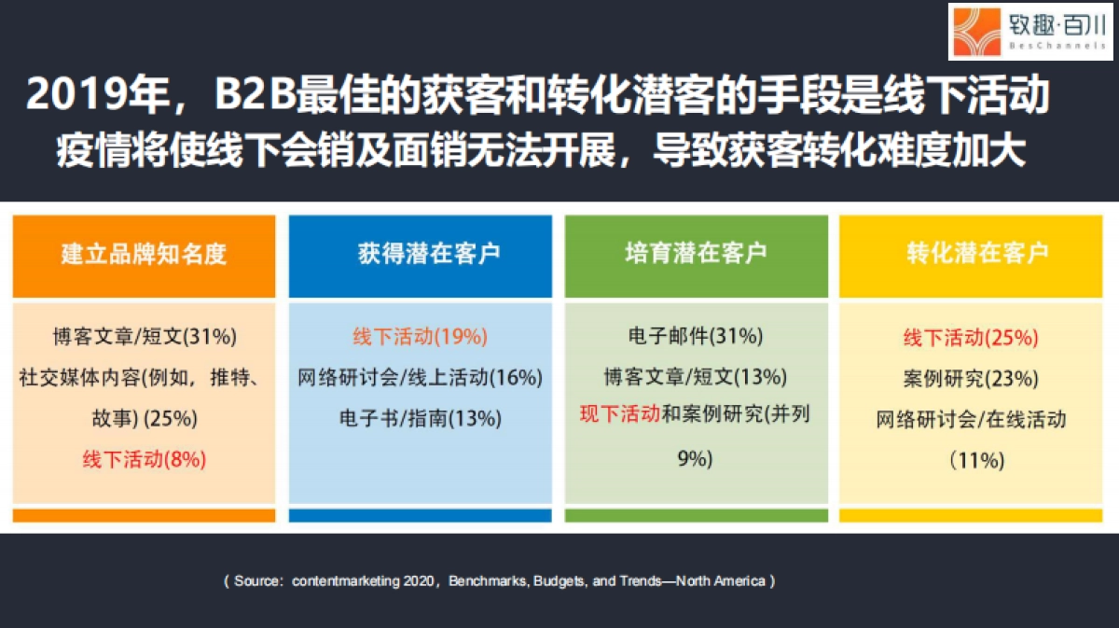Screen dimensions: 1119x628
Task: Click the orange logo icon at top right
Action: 976,32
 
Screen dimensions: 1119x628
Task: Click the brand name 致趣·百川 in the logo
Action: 1057,25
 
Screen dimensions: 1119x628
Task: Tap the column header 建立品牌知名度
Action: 144,254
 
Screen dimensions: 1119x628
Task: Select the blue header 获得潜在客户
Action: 429,253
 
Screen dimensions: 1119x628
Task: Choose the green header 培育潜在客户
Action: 696,253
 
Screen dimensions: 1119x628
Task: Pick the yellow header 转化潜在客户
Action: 978,253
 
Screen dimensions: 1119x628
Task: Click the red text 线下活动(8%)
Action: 145,459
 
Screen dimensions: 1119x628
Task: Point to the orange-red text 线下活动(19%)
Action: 421,336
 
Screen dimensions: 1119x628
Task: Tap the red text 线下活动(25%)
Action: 971,338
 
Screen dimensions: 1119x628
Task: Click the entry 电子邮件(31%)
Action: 696,336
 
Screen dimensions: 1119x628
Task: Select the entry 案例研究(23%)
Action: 971,379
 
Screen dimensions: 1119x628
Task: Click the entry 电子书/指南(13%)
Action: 421,418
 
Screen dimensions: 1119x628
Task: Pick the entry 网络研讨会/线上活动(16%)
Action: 421,377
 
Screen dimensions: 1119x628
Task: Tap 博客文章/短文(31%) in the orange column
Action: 145,336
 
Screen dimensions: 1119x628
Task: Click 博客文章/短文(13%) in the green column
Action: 696,377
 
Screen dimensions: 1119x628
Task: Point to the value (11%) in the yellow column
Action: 977,460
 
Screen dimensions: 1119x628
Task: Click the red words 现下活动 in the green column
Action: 620,413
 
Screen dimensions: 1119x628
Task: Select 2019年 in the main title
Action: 98,93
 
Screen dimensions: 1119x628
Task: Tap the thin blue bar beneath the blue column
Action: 421,515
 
